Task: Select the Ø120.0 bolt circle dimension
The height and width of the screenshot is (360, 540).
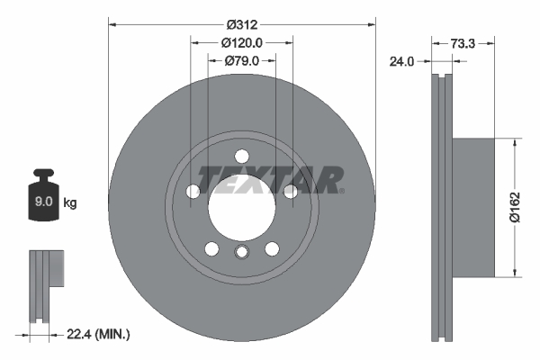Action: pos(241,43)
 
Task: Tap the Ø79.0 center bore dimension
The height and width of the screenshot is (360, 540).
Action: pos(241,61)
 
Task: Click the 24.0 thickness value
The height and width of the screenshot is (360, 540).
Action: pos(400,62)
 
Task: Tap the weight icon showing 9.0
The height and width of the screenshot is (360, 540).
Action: pos(43,200)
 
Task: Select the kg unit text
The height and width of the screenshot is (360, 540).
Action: pos(71,203)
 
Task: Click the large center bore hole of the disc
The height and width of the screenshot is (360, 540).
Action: pos(241,208)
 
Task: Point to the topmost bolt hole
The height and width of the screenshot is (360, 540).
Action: pos(241,157)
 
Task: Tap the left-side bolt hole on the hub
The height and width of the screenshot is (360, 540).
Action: pos(193,192)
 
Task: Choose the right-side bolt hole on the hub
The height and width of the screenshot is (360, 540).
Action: pos(290,192)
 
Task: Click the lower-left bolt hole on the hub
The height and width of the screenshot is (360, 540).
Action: pos(211,249)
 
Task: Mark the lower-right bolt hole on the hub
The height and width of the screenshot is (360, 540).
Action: pos(271,249)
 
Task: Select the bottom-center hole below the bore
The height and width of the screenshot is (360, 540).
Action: pos(241,253)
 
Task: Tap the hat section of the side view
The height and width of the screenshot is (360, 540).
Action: pos(472,206)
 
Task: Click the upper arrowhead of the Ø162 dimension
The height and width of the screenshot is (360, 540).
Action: pos(514,142)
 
